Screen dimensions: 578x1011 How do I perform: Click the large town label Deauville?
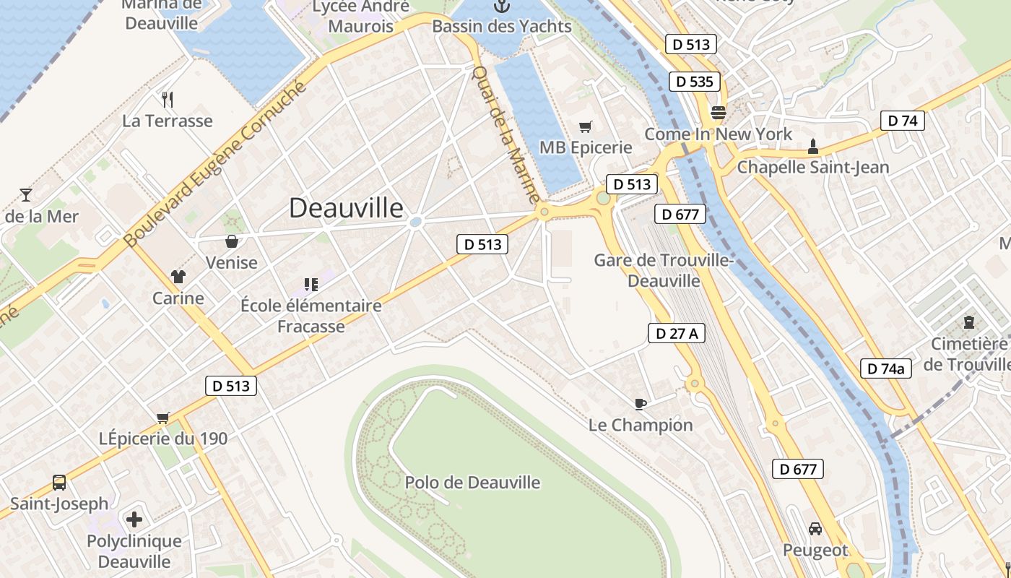pos(346,208)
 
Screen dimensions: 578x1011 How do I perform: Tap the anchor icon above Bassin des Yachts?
pos(501,7)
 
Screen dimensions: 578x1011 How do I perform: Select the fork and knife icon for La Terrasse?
pos(168,99)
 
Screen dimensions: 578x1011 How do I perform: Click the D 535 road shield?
pos(695,82)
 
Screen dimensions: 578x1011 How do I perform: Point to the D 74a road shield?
pos(886,368)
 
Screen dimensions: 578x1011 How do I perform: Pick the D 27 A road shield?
pos(676,333)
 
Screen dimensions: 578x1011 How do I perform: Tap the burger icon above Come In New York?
pos(718,113)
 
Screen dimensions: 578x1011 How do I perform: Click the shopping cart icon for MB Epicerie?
pos(586,126)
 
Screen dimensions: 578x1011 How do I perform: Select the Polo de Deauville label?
pos(472,483)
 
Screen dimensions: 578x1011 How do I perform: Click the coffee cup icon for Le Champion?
pos(640,404)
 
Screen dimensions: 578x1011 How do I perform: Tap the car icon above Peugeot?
pos(815,529)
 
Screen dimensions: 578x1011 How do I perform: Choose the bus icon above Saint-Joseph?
pos(59,482)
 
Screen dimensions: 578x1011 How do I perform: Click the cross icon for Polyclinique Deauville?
pos(134,519)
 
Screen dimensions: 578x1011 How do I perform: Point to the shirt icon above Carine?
pos(178,276)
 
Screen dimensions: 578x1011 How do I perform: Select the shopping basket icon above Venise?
pos(232,241)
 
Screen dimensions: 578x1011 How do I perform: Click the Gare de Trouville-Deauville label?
pos(663,270)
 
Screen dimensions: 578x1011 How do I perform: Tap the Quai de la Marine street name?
pos(506,134)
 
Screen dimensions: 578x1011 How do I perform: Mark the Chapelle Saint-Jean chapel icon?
pos(812,147)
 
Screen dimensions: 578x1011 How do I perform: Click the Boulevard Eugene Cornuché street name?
pos(215,164)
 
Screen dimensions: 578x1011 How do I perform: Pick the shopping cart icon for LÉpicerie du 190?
pos(163,418)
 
